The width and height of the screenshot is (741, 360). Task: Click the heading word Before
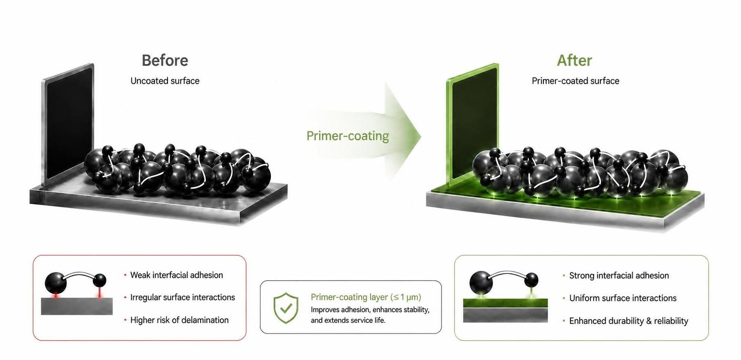165,61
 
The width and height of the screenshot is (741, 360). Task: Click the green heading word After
574,61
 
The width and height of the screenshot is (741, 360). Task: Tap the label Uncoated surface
165,81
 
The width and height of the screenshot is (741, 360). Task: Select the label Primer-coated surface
576,81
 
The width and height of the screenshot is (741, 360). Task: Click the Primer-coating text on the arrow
347,136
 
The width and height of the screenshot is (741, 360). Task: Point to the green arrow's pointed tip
421,136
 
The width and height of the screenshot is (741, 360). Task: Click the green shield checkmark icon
286,308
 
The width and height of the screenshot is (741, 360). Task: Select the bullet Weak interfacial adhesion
177,275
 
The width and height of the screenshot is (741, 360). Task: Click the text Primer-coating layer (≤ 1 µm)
366,297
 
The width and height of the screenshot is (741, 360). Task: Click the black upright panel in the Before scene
68,124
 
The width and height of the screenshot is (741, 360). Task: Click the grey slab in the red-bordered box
77,306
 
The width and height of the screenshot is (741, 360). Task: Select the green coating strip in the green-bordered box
506,303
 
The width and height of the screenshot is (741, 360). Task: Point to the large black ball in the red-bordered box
56,283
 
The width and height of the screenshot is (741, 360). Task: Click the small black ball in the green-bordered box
531,280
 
